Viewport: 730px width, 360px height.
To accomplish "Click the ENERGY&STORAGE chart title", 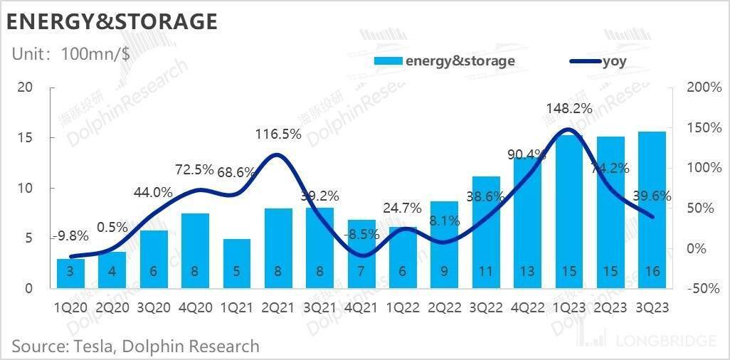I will [112, 21].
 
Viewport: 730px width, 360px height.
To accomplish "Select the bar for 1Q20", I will [70, 274].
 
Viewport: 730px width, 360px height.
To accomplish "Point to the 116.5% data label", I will [279, 134].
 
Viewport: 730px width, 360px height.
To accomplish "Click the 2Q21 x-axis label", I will [278, 307].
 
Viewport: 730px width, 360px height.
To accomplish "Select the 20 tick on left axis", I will [26, 88].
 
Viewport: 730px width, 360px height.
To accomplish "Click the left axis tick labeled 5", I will [29, 238].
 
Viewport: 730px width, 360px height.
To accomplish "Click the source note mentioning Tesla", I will [135, 346].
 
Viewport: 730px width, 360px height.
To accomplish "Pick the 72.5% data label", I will [195, 170].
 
